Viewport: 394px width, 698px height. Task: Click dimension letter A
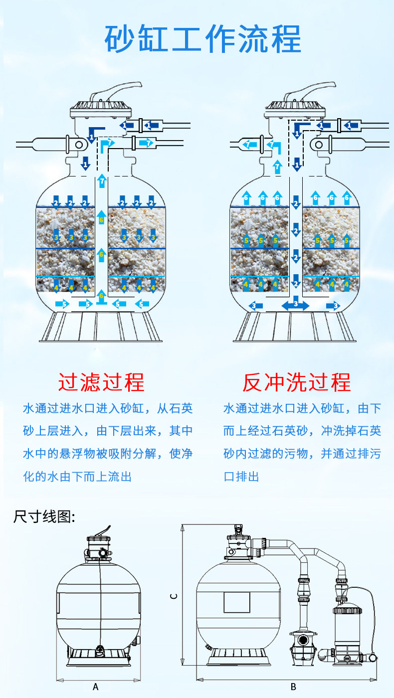(x=96, y=687)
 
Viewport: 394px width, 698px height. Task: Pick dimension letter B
(x=293, y=687)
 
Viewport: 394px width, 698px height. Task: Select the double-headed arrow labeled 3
(x=296, y=305)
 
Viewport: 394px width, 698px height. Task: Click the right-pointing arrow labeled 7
(x=146, y=144)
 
